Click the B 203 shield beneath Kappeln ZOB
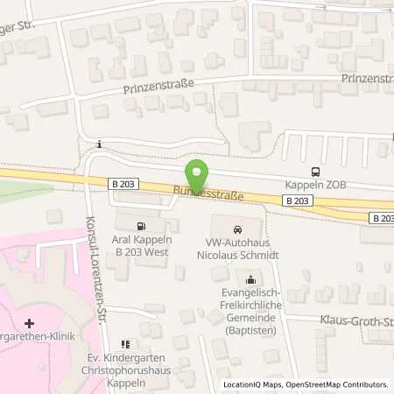(x=297, y=201)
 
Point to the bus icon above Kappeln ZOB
(x=315, y=172)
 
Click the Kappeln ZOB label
(x=315, y=185)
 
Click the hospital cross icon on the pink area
(x=30, y=324)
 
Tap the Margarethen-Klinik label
(x=32, y=338)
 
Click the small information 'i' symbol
(x=100, y=144)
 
